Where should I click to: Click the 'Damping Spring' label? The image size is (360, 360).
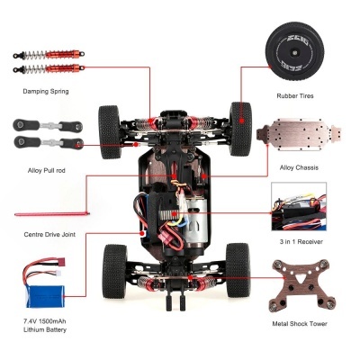click(x=46, y=92)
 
